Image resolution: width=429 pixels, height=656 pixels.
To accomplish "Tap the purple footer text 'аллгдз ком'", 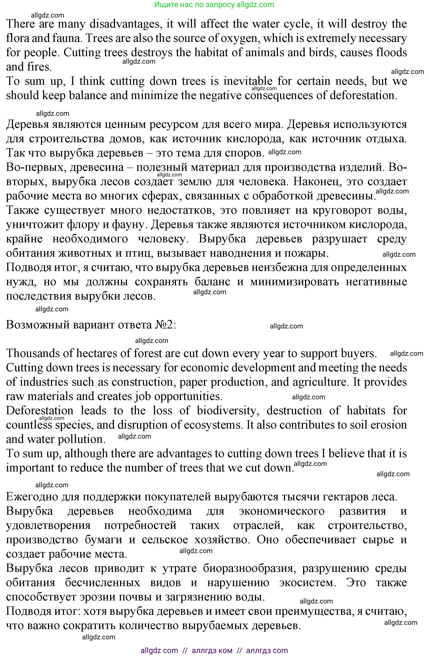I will tap(212, 650).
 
